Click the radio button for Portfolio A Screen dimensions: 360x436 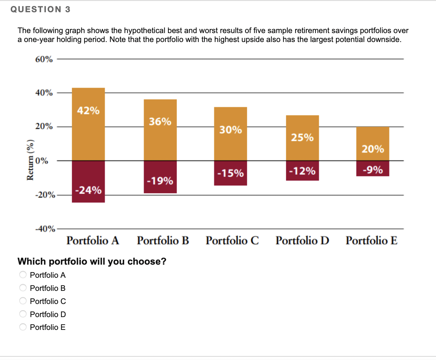[23, 274]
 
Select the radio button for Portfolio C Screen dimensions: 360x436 [23, 301]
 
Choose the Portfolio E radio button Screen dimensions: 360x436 [23, 327]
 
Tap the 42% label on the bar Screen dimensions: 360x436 [88, 111]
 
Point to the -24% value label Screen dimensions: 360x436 [88, 190]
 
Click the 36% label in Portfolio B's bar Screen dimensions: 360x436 [160, 122]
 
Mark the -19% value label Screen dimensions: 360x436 [160, 181]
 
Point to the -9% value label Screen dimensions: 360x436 [373, 170]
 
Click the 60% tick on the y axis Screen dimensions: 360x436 [44, 59]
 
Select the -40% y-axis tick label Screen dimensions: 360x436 [45, 229]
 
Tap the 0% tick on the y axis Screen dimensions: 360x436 [42, 161]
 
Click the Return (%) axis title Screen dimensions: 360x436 [30, 160]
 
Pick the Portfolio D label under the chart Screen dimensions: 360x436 [302, 240]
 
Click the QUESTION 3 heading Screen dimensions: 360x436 [41, 10]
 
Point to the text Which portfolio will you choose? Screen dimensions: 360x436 [92, 261]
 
